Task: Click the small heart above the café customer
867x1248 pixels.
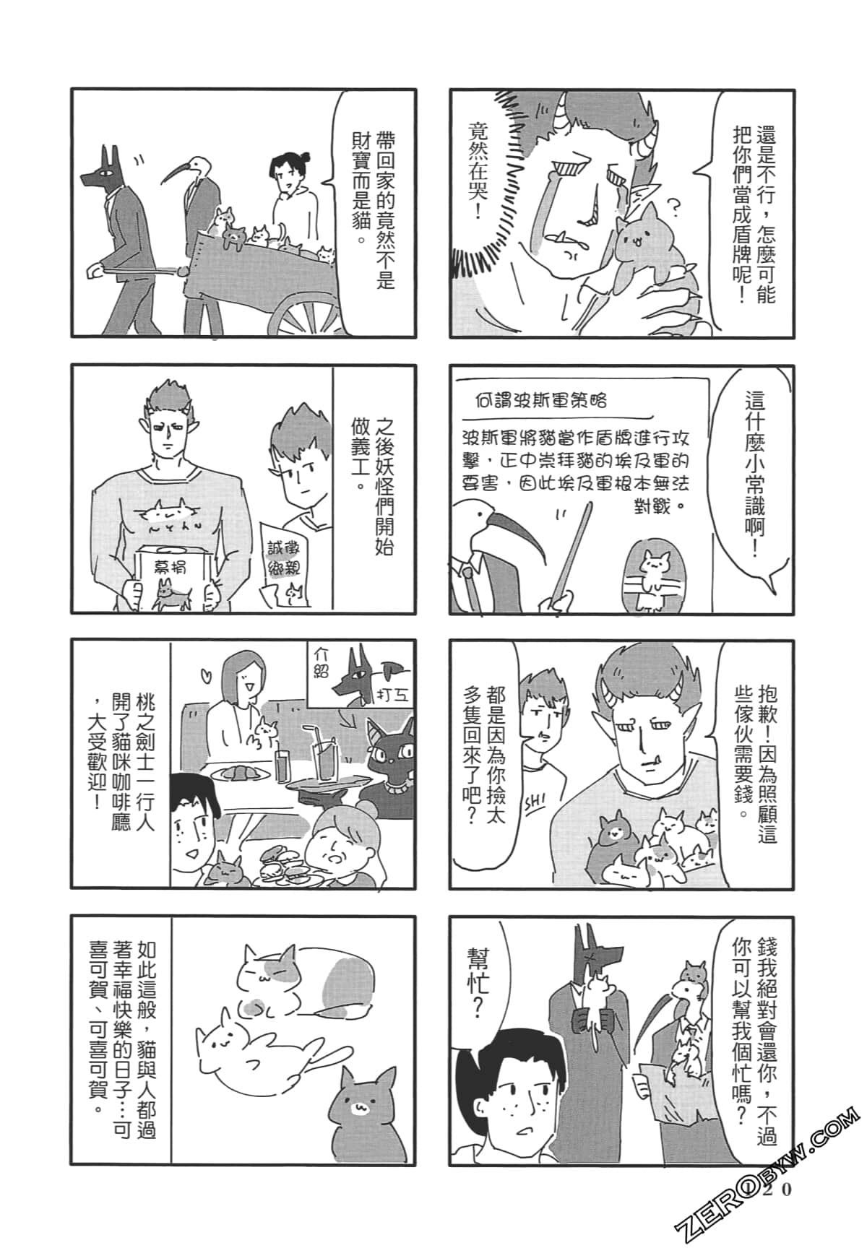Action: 206,677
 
